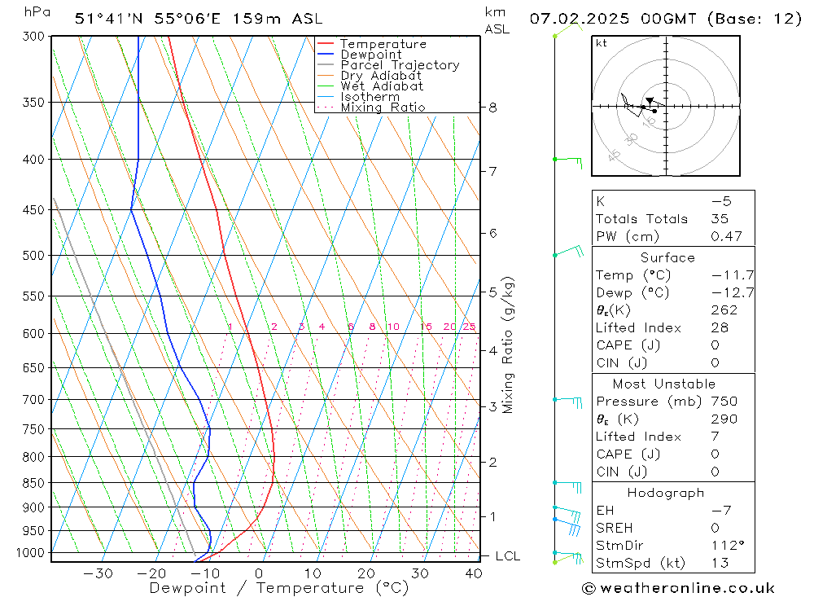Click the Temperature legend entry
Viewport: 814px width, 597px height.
click(383, 44)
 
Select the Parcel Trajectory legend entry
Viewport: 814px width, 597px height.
click(400, 65)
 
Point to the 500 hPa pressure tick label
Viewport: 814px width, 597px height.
click(34, 255)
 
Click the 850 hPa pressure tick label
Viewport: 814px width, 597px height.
click(34, 483)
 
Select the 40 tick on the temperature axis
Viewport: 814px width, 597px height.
click(473, 573)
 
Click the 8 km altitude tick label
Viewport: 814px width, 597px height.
click(492, 107)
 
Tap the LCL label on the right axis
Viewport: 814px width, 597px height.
click(508, 556)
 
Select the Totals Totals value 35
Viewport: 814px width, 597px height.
click(719, 218)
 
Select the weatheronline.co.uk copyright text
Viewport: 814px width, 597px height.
click(678, 588)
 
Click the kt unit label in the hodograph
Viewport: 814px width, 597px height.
click(602, 43)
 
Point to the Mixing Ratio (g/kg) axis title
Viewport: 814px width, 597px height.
click(509, 345)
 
